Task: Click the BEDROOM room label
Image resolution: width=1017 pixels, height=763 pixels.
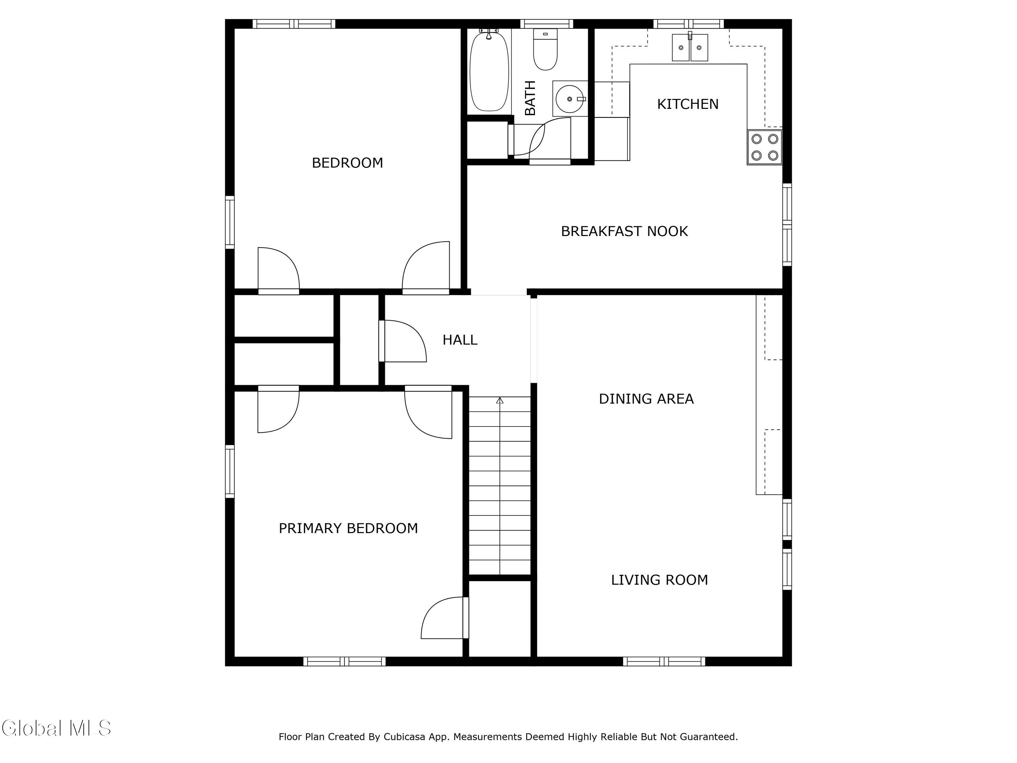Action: click(x=347, y=163)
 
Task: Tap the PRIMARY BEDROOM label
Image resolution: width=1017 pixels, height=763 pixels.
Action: click(x=348, y=528)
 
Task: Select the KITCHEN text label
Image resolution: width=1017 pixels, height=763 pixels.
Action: click(x=687, y=104)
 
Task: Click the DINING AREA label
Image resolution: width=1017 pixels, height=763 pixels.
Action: click(x=646, y=399)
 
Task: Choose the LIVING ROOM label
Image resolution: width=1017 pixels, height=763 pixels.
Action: click(x=659, y=580)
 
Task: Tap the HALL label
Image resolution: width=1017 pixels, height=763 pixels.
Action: click(x=460, y=340)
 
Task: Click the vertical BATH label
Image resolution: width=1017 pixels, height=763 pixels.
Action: click(x=530, y=98)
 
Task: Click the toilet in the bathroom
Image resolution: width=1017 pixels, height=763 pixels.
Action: click(x=545, y=49)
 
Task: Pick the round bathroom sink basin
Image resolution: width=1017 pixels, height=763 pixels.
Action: click(x=570, y=99)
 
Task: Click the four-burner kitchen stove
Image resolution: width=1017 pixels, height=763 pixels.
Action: click(x=764, y=147)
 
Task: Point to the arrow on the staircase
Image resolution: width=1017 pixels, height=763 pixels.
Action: click(x=500, y=486)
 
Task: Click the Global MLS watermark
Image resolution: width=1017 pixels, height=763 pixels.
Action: click(x=56, y=728)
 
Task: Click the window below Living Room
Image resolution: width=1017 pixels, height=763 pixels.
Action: click(x=664, y=661)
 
